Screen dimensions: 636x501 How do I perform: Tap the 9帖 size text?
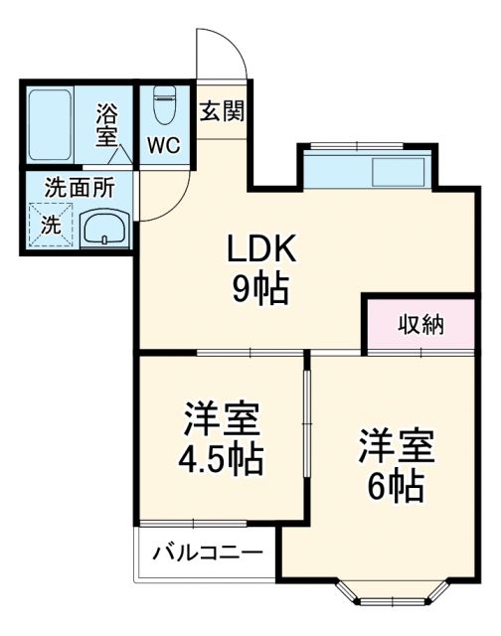261,289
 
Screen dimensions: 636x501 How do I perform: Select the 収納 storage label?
421,324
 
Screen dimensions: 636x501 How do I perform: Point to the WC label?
163,145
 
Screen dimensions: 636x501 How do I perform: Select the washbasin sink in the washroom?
102,231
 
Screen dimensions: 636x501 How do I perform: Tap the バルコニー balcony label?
207,555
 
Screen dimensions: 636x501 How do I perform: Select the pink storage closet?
421,324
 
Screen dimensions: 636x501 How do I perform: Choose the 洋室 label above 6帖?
397,445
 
